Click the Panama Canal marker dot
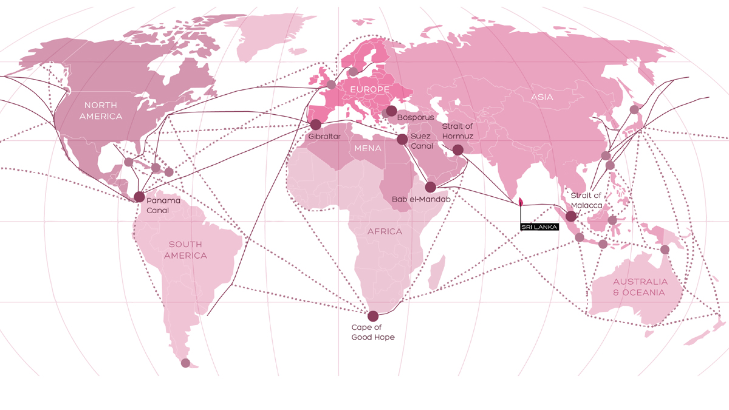(139, 197)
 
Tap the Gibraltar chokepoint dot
(315, 125)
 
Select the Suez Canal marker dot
(402, 139)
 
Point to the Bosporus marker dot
(391, 111)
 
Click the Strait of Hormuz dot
(458, 149)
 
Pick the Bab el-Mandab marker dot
(430, 187)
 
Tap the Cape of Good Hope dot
(373, 316)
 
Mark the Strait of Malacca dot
(571, 216)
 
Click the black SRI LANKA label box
(538, 227)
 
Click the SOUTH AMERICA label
(185, 250)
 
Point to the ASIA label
(542, 97)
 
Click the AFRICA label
(385, 231)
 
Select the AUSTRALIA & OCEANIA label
(640, 287)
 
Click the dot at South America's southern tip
(185, 363)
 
